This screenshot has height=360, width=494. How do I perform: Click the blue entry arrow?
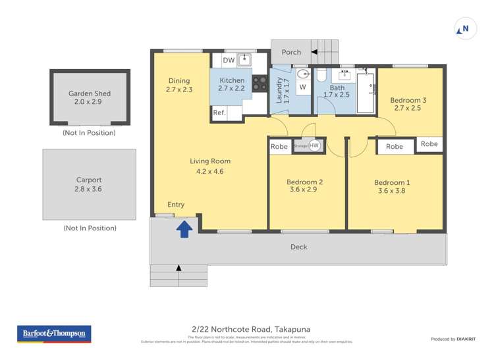[185, 228]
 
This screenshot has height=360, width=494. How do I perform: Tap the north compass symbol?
[465, 30]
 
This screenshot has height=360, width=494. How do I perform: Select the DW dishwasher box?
[228, 61]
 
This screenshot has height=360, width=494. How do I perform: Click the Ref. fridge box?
[219, 113]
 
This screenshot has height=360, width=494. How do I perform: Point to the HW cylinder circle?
[314, 145]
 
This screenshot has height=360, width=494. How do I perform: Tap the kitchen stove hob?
[259, 83]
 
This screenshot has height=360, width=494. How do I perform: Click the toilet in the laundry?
[302, 73]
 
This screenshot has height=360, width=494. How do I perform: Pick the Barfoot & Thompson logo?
[54, 334]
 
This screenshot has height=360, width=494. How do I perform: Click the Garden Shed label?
[90, 93]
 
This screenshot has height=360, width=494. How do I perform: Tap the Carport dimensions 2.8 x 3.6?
[89, 189]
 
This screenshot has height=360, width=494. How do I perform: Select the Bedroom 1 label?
[392, 183]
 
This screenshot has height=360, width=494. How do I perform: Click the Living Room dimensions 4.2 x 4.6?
[210, 171]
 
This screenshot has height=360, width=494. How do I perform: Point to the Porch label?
[291, 52]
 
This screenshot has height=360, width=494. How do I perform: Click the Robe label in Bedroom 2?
[279, 147]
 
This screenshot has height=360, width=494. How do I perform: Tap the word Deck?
[298, 247]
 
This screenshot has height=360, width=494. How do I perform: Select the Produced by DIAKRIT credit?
[454, 339]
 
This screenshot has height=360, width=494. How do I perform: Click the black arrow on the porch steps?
[314, 51]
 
